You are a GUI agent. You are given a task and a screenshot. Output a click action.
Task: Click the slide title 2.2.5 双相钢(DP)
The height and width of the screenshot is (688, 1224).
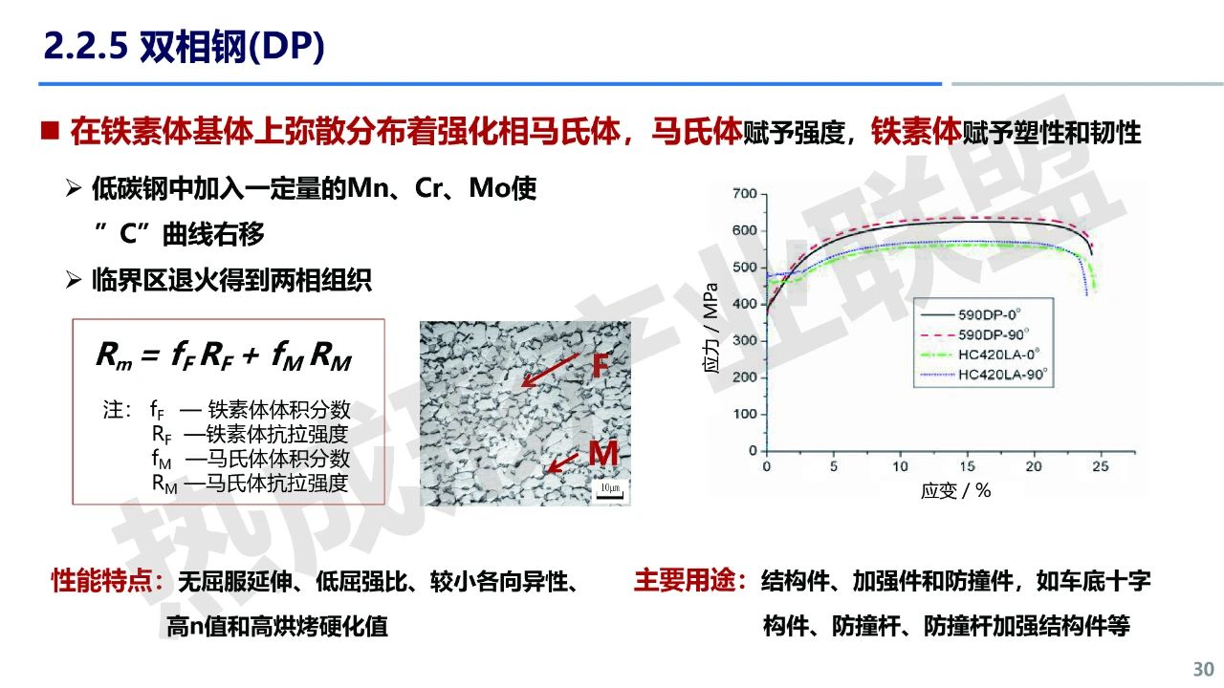click(184, 46)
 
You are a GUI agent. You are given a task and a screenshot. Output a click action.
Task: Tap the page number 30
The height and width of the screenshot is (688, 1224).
click(1203, 670)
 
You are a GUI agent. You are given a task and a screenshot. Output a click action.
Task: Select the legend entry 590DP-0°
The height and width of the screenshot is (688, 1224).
click(989, 314)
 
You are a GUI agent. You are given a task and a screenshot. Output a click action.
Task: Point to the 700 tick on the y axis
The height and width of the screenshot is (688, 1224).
click(745, 194)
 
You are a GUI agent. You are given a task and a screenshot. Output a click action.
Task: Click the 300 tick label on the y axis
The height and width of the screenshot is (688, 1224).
click(745, 341)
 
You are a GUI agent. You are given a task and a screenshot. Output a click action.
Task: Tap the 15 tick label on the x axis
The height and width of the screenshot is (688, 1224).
click(967, 466)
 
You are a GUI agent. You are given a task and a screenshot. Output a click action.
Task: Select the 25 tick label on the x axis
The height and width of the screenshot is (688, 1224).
click(1101, 466)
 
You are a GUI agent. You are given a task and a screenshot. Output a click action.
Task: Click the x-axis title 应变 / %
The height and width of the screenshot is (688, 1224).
click(955, 491)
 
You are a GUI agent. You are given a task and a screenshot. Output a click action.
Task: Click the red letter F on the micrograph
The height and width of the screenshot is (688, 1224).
click(601, 365)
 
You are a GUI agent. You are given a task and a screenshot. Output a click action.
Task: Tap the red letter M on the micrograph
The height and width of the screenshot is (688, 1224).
click(603, 453)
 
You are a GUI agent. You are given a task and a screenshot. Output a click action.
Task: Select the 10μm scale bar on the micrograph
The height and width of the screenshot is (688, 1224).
click(610, 491)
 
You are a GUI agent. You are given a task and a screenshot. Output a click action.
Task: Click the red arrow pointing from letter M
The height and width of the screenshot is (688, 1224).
click(563, 462)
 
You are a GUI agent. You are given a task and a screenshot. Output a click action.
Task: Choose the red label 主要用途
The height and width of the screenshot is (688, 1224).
click(690, 580)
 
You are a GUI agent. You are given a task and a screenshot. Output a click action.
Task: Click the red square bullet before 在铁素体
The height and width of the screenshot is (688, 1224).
click(51, 132)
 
